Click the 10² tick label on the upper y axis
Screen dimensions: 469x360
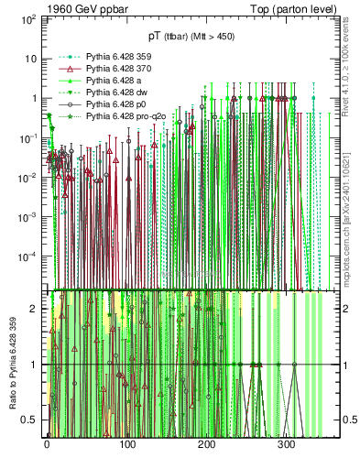(x=28, y=18)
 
